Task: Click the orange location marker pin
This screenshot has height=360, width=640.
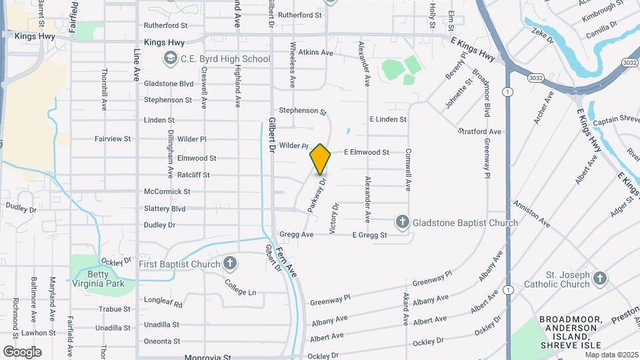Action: click(320, 159)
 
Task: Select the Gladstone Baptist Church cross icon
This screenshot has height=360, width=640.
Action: click(402, 221)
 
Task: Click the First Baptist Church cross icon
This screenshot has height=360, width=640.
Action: click(230, 264)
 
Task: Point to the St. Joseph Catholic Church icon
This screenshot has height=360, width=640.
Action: click(599, 279)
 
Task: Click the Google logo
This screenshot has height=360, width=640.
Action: click(22, 351)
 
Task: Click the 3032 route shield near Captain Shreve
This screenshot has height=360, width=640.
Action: click(630, 63)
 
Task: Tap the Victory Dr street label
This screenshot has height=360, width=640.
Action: click(335, 217)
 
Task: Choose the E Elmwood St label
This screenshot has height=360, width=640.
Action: click(366, 153)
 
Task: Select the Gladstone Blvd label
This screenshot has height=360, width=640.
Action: click(169, 84)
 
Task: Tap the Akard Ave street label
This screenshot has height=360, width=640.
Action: click(405, 309)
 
